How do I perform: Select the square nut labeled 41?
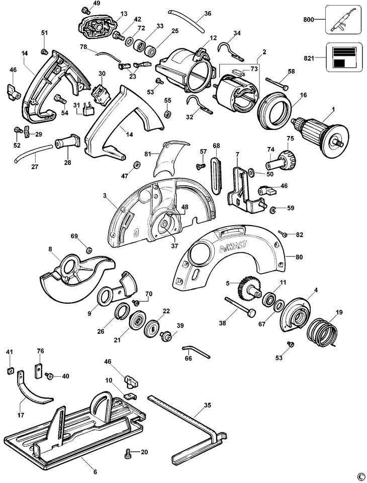tap(9, 371)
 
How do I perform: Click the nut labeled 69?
tap(89, 249)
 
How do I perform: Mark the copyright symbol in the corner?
tap(360, 476)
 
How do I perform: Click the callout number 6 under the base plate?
tap(95, 471)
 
